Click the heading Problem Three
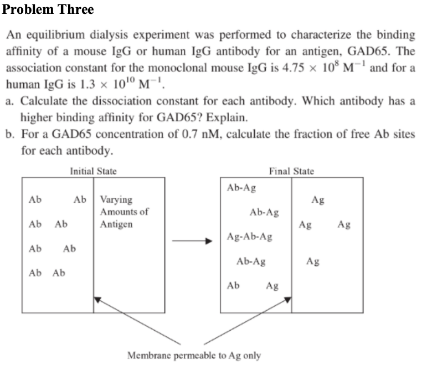coord(48,9)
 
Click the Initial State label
coord(93,171)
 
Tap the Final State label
coord(291,171)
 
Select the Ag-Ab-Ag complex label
coord(250,237)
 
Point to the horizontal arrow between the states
coord(192,241)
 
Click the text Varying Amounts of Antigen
coord(124,212)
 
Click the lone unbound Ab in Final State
coord(233,286)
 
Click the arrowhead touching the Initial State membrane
coord(97,300)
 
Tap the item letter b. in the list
coord(10,134)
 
